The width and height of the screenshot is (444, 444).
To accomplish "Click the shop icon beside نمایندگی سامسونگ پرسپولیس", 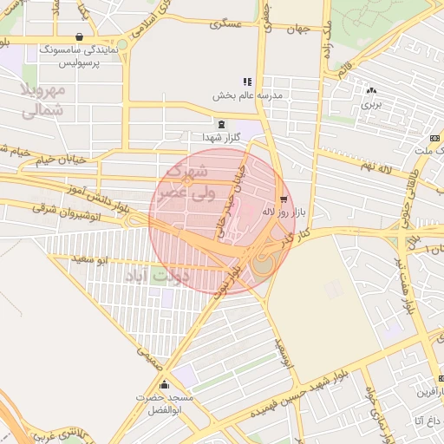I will tap(81, 37).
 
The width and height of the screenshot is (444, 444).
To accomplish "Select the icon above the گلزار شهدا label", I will tap(221, 124).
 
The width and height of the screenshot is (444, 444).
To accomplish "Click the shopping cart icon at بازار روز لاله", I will tap(284, 199).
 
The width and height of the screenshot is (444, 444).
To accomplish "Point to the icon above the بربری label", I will tap(372, 89).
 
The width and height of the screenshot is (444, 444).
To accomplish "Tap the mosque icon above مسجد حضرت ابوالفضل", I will tap(164, 384).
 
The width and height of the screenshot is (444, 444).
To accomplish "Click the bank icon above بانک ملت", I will tap(434, 138).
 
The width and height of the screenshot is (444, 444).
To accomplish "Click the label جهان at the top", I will tap(297, 29).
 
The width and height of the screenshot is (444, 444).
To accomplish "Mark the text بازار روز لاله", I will tap(282, 211).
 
